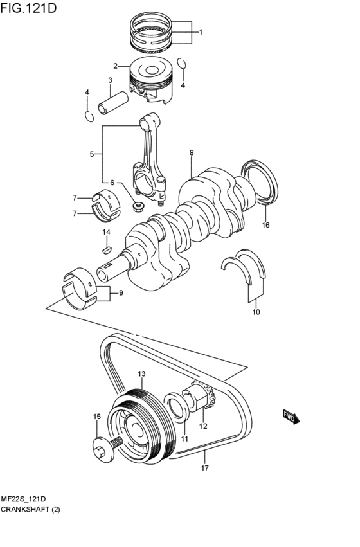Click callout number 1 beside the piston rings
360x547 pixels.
point(200,31)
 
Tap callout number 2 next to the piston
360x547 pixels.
point(116,66)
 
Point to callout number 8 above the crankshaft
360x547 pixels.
point(192,153)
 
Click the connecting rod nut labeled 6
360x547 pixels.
point(137,206)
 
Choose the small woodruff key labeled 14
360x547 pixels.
point(107,245)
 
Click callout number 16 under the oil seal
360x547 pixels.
point(265,225)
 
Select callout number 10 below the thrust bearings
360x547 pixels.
point(256,312)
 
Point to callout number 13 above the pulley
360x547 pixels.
point(141,373)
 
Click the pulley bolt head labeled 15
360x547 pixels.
point(101,450)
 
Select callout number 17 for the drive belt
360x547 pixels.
point(205,468)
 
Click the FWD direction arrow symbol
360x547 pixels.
point(290,417)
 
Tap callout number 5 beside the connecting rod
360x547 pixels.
point(92,154)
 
